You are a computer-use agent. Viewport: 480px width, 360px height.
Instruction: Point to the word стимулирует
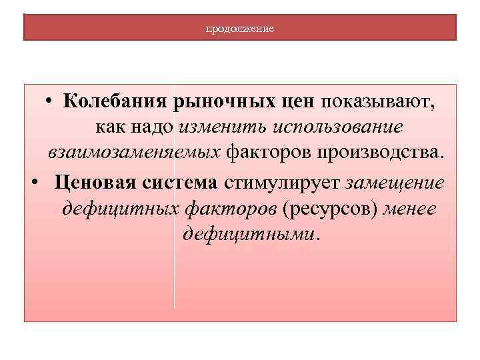(x=283, y=182)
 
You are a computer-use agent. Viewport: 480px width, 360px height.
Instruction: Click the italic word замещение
(x=395, y=182)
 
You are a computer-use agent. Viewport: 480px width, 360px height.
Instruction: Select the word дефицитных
(x=119, y=209)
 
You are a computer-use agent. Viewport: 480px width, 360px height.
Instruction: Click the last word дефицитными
(x=249, y=235)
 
